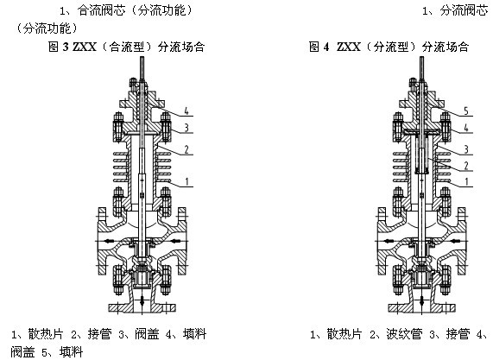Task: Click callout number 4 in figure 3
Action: pyautogui.click(x=186, y=111)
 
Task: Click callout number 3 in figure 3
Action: pyautogui.click(x=186, y=127)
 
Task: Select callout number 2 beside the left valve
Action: pyautogui.click(x=186, y=149)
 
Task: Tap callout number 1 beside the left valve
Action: pyautogui.click(x=187, y=181)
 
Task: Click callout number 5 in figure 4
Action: pyautogui.click(x=466, y=111)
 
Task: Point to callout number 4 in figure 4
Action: pyautogui.click(x=466, y=127)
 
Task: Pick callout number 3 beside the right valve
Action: pyautogui.click(x=466, y=149)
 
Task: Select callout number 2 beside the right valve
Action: pyautogui.click(x=466, y=166)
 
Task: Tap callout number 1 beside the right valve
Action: pyautogui.click(x=466, y=181)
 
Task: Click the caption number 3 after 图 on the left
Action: pyautogui.click(x=66, y=47)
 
